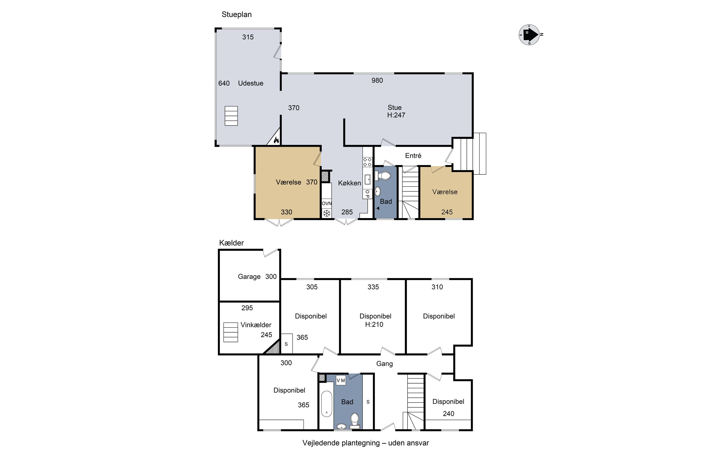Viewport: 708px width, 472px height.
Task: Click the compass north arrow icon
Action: (x=529, y=35)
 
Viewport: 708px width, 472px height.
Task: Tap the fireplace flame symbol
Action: (x=276, y=140)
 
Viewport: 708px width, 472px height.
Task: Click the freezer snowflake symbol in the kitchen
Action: (x=327, y=213)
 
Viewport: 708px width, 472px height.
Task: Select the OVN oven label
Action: (x=327, y=203)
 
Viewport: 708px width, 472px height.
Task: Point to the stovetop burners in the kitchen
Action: (x=367, y=162)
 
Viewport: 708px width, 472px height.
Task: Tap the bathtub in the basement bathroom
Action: (x=327, y=404)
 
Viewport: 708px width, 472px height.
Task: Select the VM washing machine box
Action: (x=341, y=380)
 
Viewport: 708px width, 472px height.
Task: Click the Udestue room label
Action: (x=250, y=83)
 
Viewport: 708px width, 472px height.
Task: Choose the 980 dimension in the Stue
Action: (x=377, y=80)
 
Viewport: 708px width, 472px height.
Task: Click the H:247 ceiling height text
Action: (x=396, y=115)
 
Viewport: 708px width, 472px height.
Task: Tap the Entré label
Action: (x=413, y=156)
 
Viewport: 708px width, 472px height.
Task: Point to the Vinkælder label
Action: (x=256, y=325)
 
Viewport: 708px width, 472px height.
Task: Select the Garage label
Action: (x=249, y=277)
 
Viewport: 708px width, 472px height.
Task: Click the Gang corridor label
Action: (x=384, y=364)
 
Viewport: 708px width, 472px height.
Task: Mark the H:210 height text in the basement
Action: (x=374, y=324)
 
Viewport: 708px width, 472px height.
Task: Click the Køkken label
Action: (x=349, y=183)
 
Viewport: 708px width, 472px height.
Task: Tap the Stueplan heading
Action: (x=237, y=14)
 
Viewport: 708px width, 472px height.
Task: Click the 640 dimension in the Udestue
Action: (x=224, y=83)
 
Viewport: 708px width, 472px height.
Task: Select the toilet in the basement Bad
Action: (x=355, y=421)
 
